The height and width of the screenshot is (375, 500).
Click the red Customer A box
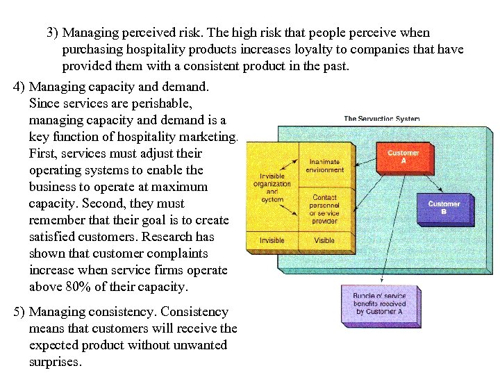coord(403,157)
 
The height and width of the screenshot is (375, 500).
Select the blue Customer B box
coord(444,208)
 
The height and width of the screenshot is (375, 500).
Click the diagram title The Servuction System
coord(381,119)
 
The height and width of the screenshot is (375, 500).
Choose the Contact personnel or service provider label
coord(324,209)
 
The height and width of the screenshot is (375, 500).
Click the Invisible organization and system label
coord(272,187)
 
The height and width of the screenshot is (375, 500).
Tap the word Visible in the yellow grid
coord(324,240)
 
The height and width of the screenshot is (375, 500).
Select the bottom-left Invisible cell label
coord(272,240)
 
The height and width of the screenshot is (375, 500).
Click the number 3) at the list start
coord(53,33)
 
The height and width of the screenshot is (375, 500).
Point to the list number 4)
coord(19,87)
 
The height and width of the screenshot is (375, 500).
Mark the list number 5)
coord(19,312)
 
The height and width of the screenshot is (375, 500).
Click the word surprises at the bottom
coord(55,362)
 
